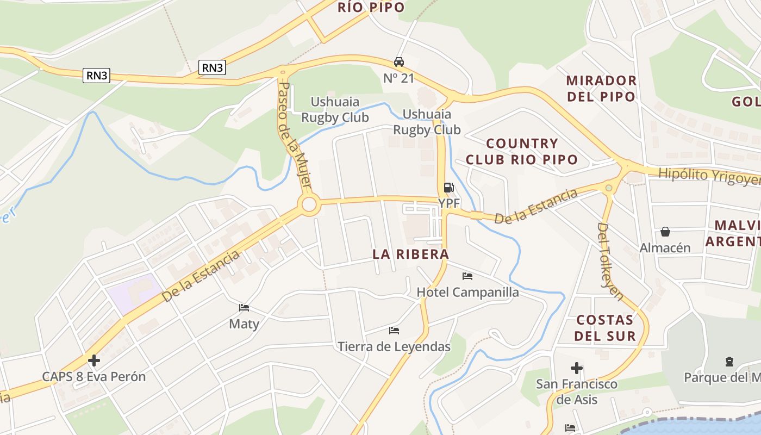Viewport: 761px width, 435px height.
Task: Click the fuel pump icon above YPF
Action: [x=448, y=188]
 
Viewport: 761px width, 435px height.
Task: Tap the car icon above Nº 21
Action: [x=399, y=62]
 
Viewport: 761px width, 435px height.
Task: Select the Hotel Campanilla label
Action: [x=467, y=292]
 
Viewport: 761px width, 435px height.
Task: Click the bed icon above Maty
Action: [x=244, y=308]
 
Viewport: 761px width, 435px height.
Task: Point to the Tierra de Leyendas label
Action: [x=394, y=346]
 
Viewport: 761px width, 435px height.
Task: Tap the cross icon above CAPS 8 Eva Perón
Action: [x=94, y=360]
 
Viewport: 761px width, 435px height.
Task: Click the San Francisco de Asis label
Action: [x=577, y=391]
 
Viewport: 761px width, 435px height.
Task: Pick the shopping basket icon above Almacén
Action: [x=665, y=232]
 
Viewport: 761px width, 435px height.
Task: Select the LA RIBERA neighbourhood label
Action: [x=411, y=254]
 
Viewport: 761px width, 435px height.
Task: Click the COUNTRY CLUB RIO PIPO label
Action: [x=522, y=152]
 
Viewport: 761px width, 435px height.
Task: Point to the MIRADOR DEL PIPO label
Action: [x=601, y=89]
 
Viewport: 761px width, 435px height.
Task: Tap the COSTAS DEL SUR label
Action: [x=605, y=328]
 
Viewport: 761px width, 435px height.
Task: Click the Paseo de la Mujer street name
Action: [x=294, y=139]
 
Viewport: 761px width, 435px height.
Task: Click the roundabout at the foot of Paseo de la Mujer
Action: [x=309, y=205]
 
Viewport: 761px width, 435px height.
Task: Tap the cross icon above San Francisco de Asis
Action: [x=577, y=368]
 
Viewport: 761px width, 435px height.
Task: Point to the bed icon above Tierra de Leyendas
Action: [x=394, y=330]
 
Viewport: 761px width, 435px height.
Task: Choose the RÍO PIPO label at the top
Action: [x=371, y=7]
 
